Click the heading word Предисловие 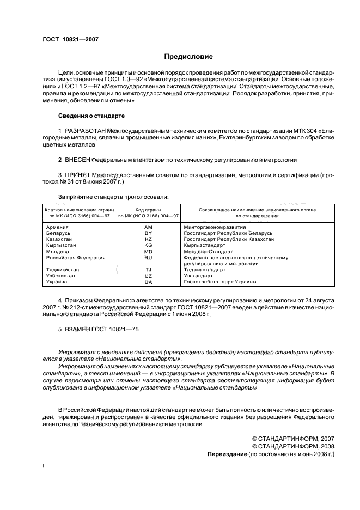tap(189, 57)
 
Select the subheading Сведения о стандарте tap(91, 116)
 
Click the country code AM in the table tap(148, 227)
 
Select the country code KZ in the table tap(148, 239)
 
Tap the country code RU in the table tap(148, 258)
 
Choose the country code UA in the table tap(148, 282)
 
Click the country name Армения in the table tap(57, 227)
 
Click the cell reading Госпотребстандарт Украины tap(220, 282)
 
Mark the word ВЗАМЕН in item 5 tap(77, 329)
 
